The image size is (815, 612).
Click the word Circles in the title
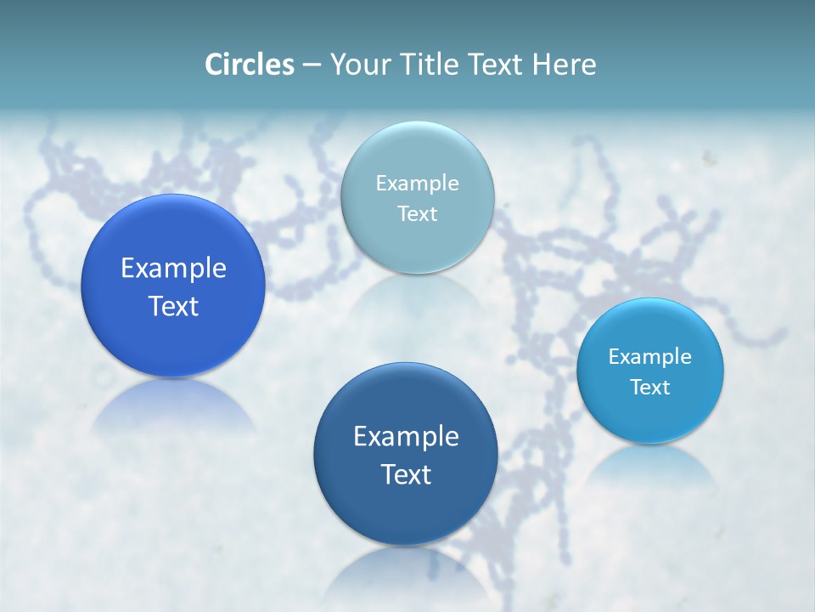point(250,65)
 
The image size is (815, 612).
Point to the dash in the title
point(312,65)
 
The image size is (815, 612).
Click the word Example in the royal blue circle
point(173,269)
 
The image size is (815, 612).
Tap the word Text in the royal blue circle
point(173,306)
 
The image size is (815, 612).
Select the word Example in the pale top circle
point(417,184)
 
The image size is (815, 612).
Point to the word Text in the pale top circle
point(417,213)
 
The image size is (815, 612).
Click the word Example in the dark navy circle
point(406,437)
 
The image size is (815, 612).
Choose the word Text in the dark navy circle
point(406,474)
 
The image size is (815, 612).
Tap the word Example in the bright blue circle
point(650,357)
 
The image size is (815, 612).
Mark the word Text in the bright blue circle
point(650,388)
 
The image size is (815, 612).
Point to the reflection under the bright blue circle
point(650,467)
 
